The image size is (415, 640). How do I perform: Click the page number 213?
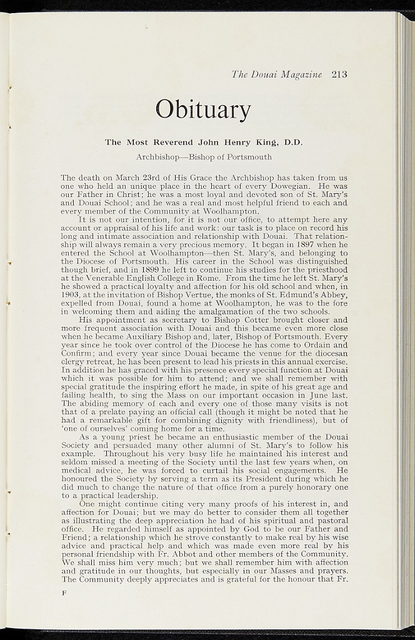pyautogui.click(x=339, y=74)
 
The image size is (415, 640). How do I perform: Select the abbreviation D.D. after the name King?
pyautogui.click(x=293, y=142)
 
